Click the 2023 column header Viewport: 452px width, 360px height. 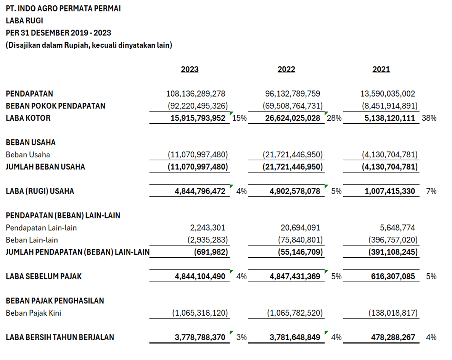tap(190, 69)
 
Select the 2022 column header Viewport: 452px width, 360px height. tap(286, 69)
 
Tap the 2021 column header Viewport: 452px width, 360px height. tap(381, 69)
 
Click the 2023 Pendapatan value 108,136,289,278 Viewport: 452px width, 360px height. tap(196, 94)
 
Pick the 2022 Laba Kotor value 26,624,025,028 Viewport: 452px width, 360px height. tap(293, 118)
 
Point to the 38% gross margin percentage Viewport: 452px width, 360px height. tap(429, 118)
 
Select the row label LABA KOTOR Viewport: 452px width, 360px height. tap(28, 118)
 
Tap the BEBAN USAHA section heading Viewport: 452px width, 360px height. tap(31, 142)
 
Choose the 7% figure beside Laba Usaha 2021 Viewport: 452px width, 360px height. tap(431, 191)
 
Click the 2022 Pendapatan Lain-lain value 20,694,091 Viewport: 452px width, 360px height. tap(300, 228)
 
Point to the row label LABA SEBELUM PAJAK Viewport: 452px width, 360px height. tap(44, 276)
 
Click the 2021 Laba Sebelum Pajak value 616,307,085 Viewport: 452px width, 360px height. tap(393, 276)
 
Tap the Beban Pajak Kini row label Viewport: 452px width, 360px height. tap(34, 313)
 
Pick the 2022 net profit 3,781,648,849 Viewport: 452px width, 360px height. tap(294, 337)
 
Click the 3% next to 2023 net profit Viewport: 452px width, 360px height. tap(241, 337)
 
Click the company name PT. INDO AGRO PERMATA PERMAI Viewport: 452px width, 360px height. tap(63, 8)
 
